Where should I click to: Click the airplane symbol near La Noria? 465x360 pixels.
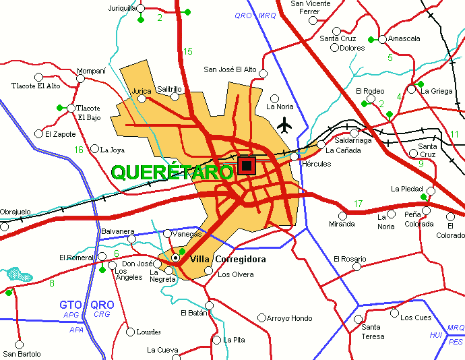(x=285, y=125)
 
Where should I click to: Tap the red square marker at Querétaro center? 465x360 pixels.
(x=247, y=166)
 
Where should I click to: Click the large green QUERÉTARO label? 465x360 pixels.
(x=171, y=173)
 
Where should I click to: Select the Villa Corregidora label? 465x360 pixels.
(x=228, y=260)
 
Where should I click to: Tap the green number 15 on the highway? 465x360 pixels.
(x=187, y=51)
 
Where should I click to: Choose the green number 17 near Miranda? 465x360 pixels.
(x=358, y=204)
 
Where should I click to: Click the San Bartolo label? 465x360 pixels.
(x=22, y=354)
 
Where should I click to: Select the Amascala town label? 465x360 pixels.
(x=404, y=38)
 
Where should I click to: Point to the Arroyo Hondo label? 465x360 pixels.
(x=290, y=318)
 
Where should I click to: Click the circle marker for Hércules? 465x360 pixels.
(x=294, y=156)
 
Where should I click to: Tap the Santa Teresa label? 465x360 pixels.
(x=373, y=332)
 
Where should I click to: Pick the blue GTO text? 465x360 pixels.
(x=71, y=305)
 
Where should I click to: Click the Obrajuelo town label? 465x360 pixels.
(x=15, y=212)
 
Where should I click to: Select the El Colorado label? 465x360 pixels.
(x=451, y=231)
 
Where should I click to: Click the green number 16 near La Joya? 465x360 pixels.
(x=79, y=150)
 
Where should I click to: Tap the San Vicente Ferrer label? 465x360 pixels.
(x=310, y=7)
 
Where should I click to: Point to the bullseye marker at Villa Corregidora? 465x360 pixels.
(x=175, y=258)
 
